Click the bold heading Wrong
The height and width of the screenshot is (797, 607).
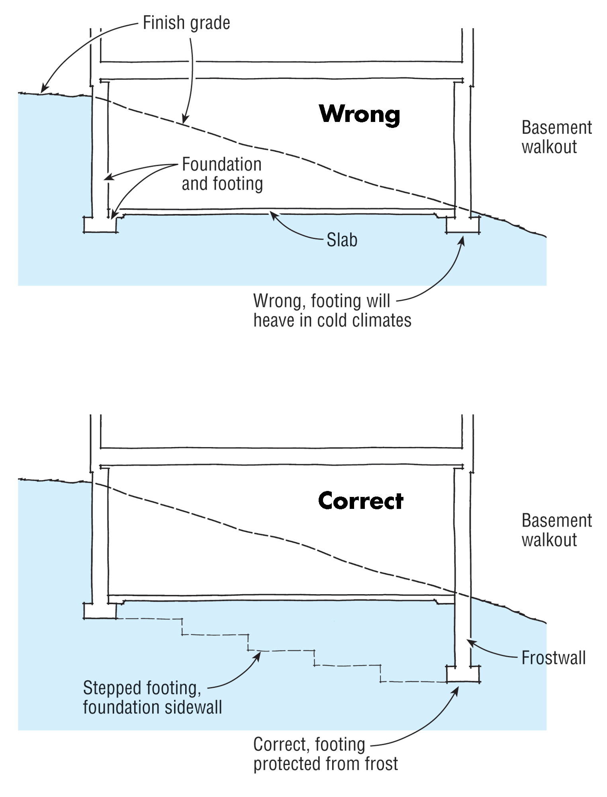coord(359,114)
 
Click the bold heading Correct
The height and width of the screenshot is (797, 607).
coord(360,501)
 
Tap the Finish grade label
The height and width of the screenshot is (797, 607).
coord(186,23)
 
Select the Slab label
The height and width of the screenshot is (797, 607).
coord(342,240)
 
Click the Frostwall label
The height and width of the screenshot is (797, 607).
coord(553,658)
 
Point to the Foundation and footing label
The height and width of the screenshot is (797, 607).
coord(222,174)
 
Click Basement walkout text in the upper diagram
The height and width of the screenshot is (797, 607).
coord(556,137)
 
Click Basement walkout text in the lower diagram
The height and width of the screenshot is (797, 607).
coord(556,530)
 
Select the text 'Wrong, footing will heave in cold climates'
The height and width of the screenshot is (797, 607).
coord(332,311)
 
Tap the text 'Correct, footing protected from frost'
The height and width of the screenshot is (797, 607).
coord(325,754)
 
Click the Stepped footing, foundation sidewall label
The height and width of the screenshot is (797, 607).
coord(152,697)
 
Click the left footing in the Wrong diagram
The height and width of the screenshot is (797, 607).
coord(100,225)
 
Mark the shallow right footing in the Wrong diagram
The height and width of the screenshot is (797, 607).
coord(462,225)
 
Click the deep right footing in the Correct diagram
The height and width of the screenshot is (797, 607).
coord(462,675)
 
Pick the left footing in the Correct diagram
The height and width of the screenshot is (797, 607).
coord(100,611)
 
